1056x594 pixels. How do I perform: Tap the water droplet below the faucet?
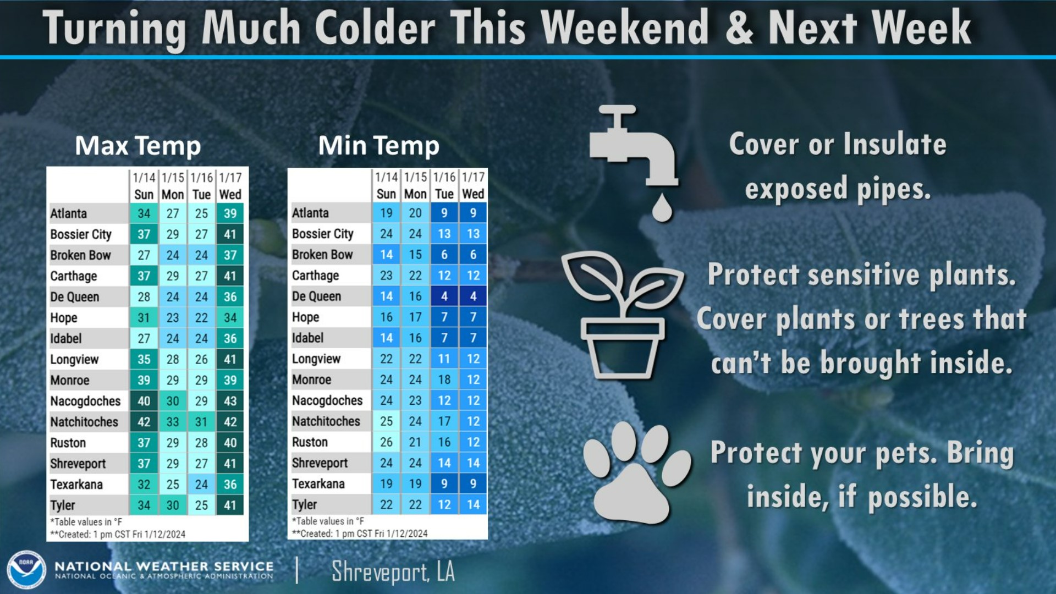(662, 208)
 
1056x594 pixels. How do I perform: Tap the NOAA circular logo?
(26, 570)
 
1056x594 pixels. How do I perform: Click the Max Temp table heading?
(137, 146)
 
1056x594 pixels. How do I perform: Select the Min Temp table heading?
(378, 146)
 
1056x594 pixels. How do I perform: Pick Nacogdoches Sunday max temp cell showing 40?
(144, 401)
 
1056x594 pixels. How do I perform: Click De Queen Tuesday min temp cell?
(444, 296)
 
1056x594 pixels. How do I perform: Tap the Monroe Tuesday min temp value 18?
(444, 380)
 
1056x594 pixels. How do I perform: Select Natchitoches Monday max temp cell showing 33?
(173, 422)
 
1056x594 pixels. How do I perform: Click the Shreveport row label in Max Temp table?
(78, 464)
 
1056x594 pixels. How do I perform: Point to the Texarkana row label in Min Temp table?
(318, 484)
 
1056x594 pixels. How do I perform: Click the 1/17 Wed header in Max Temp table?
(230, 186)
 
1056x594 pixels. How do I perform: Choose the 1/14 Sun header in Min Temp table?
(386, 186)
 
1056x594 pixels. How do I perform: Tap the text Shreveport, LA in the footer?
(393, 571)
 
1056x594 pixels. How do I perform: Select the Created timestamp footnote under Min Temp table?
(360, 533)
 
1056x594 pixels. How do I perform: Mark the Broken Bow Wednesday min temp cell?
(473, 255)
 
